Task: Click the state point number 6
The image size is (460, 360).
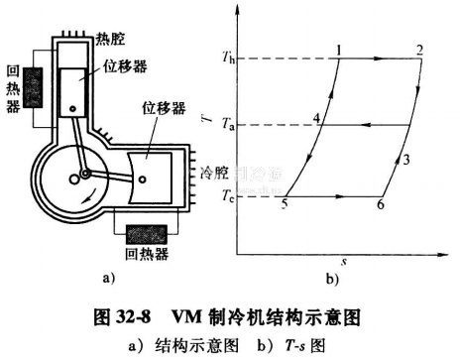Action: point(380,204)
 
